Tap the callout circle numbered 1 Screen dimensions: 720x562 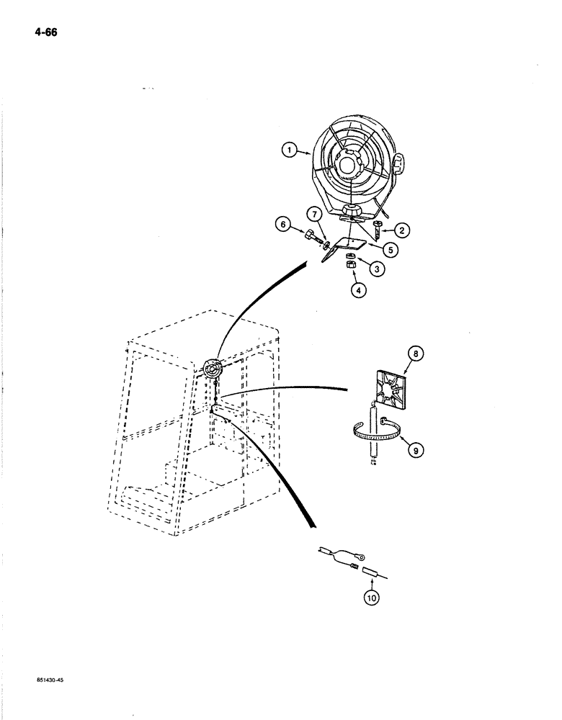(290, 151)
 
